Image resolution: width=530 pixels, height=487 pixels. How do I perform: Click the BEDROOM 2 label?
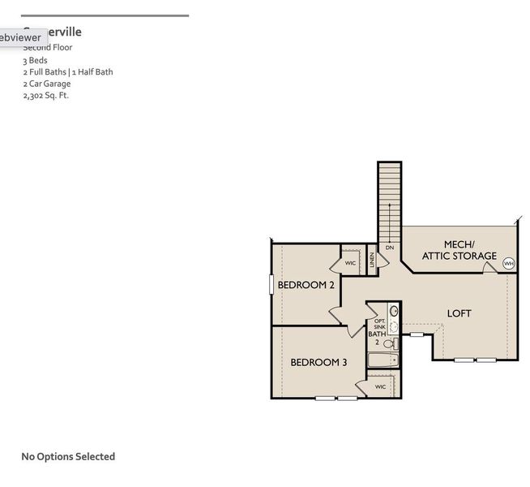(x=306, y=285)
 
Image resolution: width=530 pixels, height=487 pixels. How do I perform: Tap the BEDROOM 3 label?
(x=318, y=362)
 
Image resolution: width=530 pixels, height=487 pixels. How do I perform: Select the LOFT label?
(x=459, y=313)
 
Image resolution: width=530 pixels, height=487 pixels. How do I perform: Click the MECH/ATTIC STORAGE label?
(x=459, y=250)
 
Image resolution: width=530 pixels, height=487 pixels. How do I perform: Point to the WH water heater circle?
(x=509, y=263)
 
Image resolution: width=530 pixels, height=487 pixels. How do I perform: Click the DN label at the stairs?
(x=389, y=248)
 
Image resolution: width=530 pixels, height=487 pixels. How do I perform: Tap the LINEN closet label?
(x=373, y=260)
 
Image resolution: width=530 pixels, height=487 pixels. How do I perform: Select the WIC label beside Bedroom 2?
(x=350, y=263)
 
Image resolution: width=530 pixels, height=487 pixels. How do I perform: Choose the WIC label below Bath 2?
(x=380, y=387)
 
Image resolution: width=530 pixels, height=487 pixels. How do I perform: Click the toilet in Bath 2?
(x=388, y=343)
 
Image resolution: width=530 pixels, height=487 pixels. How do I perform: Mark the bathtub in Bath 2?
(x=382, y=360)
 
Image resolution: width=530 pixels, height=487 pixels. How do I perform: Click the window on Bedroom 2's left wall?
(x=271, y=285)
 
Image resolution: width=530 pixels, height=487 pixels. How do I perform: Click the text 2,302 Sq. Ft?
(x=45, y=95)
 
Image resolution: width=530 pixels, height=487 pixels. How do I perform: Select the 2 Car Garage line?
(x=46, y=84)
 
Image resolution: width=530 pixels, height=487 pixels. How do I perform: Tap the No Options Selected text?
(x=68, y=457)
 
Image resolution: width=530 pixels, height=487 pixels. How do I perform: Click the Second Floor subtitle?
(x=48, y=48)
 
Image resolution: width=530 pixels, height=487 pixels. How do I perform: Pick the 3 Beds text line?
(x=35, y=60)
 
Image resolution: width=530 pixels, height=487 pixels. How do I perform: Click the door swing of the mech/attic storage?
(x=489, y=267)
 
